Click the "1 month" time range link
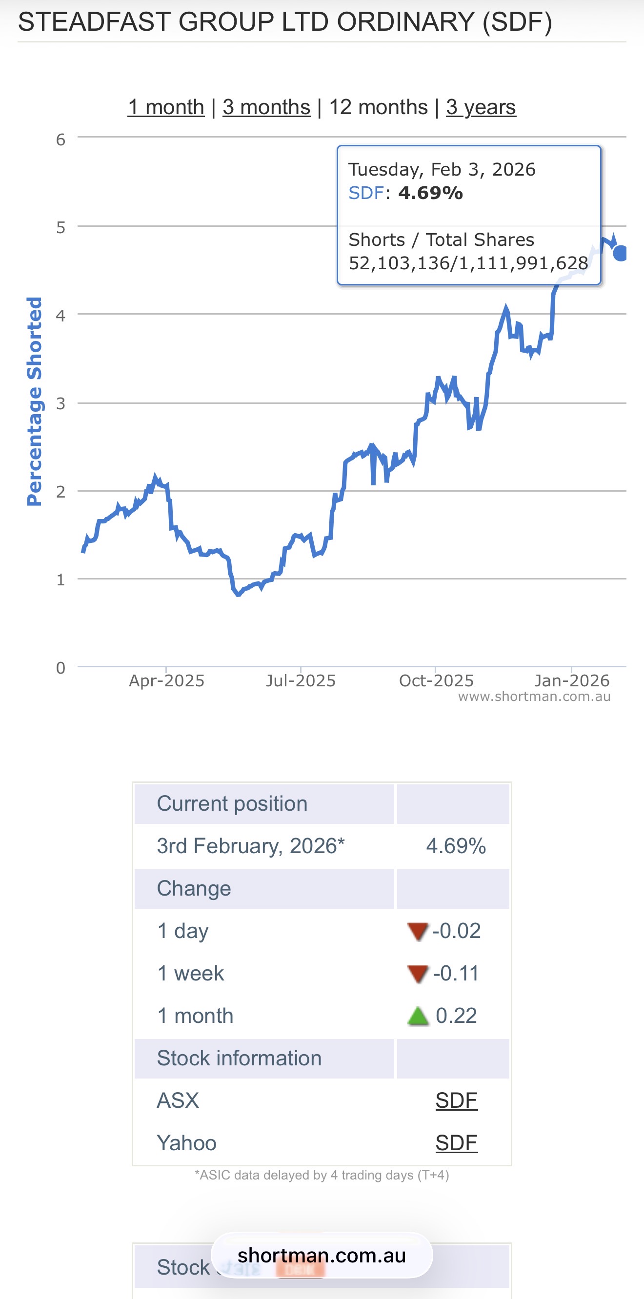point(166,107)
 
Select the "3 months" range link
point(266,107)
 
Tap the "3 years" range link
point(481,107)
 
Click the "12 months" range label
point(378,107)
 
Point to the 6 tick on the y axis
point(60,140)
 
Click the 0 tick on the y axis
point(60,668)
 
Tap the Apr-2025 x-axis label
point(166,681)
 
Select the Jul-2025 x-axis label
point(301,681)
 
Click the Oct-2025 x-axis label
point(436,681)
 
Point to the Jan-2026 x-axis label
point(572,681)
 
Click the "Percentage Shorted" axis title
point(34,401)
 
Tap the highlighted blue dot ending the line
point(621,253)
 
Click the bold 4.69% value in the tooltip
point(430,193)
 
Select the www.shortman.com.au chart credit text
point(534,697)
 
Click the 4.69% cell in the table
point(455,846)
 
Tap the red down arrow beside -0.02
point(418,931)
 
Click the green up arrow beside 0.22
point(418,1016)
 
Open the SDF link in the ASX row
point(456,1101)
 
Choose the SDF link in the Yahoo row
point(456,1143)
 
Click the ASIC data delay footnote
point(322,1175)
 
